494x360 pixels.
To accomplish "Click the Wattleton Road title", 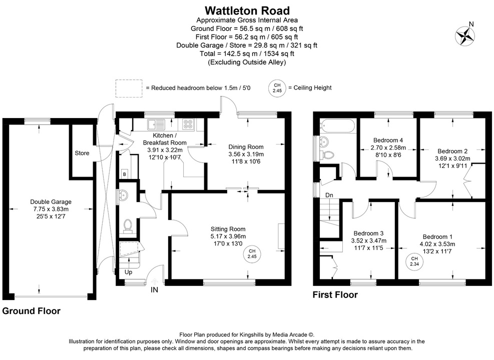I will [x=247, y=10].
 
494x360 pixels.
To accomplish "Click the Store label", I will [x=82, y=153].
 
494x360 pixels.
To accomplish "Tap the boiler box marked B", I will [x=124, y=174].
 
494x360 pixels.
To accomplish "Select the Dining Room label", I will [x=246, y=146].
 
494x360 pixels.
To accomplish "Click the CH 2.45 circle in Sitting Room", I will [x=252, y=253].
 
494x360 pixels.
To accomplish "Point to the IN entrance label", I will [x=155, y=289].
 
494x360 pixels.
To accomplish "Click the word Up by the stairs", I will [x=129, y=273].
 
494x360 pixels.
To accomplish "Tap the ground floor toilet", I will [x=127, y=226].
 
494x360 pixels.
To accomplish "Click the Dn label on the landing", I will [x=329, y=195].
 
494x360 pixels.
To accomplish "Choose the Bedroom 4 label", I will [x=388, y=140].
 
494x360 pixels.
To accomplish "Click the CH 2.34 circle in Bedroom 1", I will [x=414, y=261].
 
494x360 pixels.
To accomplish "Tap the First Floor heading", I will [x=335, y=295].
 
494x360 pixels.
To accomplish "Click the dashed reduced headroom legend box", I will [x=129, y=87].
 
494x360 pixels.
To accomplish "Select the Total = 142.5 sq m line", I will [x=247, y=53].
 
